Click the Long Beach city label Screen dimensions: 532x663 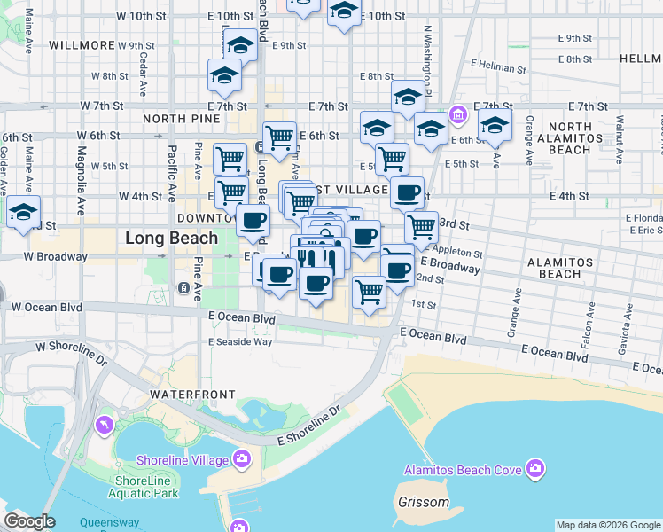171,238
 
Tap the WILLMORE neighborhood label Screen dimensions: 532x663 82,45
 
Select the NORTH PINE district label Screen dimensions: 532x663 181,119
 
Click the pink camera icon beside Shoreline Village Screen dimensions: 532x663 241,458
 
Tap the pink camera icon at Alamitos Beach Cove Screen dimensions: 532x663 534,467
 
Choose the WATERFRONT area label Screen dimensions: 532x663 192,394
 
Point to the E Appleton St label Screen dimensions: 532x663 451,251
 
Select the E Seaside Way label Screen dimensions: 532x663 240,341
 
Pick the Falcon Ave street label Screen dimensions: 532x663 589,324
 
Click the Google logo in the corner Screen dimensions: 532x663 29,522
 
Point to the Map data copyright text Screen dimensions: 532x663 607,525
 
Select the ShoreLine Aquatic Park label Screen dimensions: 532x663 146,487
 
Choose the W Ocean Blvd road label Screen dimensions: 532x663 45,307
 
